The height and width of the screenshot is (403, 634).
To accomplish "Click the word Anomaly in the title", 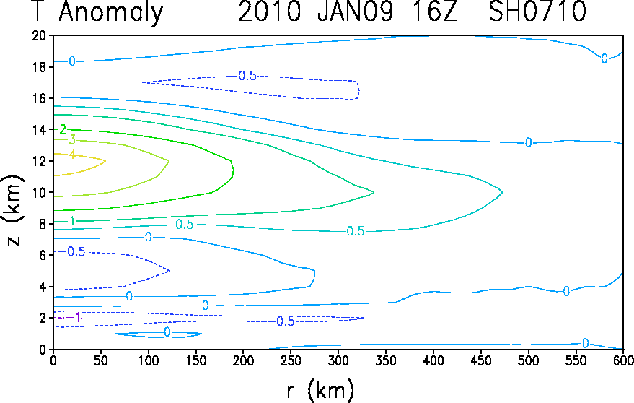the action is coord(111,12).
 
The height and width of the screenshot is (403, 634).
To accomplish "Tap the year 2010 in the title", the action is coord(270,11).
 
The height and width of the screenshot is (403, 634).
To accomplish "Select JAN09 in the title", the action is coord(355,11).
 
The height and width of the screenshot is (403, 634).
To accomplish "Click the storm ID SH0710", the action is coord(537,11).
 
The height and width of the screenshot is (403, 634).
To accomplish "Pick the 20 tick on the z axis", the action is coord(40,35).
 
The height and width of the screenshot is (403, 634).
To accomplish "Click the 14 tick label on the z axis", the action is coord(40,129).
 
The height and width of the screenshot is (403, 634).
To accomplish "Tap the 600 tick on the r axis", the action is coord(623,360).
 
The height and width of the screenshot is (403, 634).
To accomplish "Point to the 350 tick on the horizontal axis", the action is coord(386,360).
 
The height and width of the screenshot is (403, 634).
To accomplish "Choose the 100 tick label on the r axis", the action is coord(148,360).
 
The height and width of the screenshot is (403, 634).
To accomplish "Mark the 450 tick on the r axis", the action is coord(481,360).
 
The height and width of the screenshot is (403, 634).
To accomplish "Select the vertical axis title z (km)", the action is coord(13,210).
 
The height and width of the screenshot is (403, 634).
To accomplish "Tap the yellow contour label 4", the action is coord(72,155).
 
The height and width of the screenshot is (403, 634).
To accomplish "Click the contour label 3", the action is coord(72,139).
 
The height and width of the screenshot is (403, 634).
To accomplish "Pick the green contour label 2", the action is coord(63,129).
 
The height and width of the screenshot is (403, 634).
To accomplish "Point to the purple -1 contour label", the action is coord(74,318).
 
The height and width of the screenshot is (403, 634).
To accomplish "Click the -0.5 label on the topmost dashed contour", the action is coord(247,76).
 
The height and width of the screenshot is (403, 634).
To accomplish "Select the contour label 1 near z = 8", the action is coord(72,221).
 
